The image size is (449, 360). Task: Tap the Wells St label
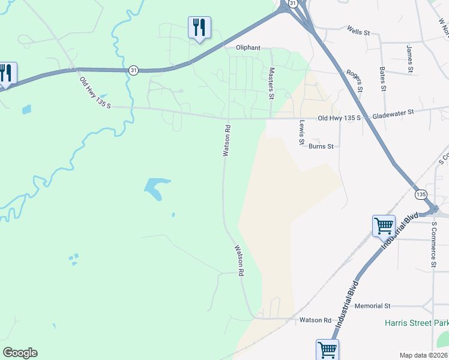pyautogui.click(x=358, y=31)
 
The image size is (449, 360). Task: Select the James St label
pyautogui.click(x=409, y=59)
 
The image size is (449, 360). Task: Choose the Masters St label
pyautogui.click(x=271, y=83)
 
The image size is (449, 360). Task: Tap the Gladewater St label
pyautogui.click(x=393, y=112)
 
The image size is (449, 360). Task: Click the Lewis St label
pyautogui.click(x=302, y=132)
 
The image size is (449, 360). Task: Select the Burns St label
pyautogui.click(x=321, y=146)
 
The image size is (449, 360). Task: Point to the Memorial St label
pyautogui.click(x=372, y=306)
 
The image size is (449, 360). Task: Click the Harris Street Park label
pyautogui.click(x=416, y=323)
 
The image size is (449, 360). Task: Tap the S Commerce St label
pyautogui.click(x=433, y=244)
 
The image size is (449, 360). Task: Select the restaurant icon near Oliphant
pyautogui.click(x=199, y=28)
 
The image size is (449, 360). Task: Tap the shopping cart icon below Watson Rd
pyautogui.click(x=327, y=350)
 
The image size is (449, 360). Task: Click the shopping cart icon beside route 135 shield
pyautogui.click(x=384, y=226)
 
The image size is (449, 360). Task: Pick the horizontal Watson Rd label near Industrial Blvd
pyautogui.click(x=316, y=320)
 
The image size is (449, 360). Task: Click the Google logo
pyautogui.click(x=20, y=353)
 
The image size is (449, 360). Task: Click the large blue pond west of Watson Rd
pyautogui.click(x=157, y=188)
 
